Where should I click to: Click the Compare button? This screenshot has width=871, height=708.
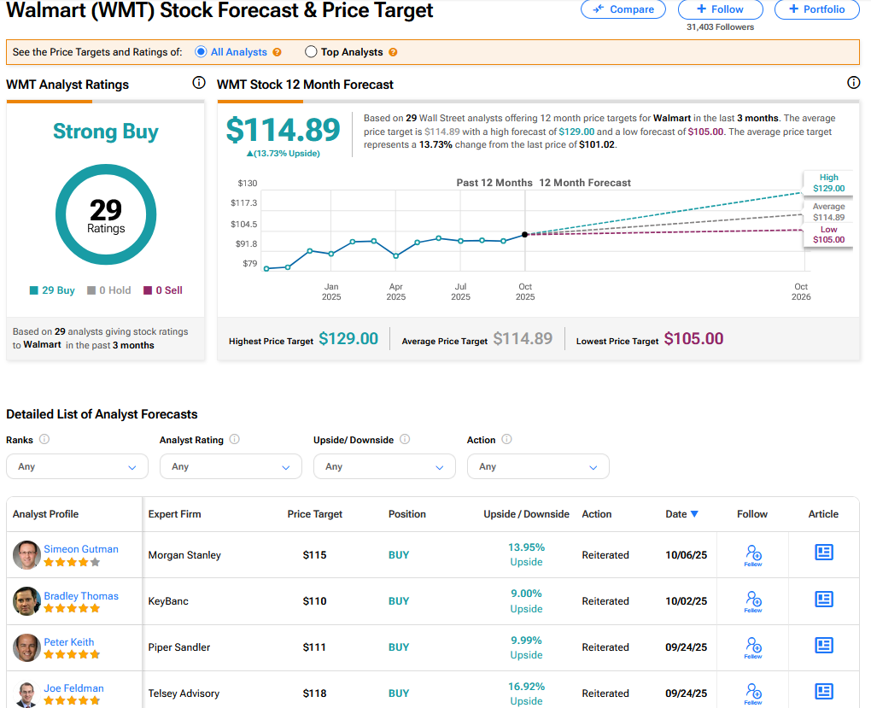click(623, 9)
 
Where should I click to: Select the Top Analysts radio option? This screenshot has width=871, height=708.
click(311, 52)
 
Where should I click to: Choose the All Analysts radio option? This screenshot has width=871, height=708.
click(202, 52)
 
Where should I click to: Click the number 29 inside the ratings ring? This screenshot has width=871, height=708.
click(106, 210)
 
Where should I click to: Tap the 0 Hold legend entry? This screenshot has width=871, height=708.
click(109, 290)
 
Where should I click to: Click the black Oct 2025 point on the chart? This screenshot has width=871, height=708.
click(524, 234)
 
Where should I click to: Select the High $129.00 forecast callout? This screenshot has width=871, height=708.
click(828, 183)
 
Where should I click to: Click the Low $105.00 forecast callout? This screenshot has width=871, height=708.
click(828, 235)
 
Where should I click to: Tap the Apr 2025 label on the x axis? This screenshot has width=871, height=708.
click(396, 292)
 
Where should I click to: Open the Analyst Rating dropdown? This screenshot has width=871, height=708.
click(231, 466)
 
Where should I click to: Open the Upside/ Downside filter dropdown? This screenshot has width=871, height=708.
click(384, 466)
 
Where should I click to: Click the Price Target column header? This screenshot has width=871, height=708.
click(315, 514)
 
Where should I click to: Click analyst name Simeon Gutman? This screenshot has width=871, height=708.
click(81, 549)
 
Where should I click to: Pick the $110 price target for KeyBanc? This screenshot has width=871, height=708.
click(315, 601)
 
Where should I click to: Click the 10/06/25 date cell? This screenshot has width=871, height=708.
click(687, 555)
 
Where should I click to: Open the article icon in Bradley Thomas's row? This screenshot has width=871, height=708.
click(823, 599)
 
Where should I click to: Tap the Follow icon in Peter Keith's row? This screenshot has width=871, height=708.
click(753, 647)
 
